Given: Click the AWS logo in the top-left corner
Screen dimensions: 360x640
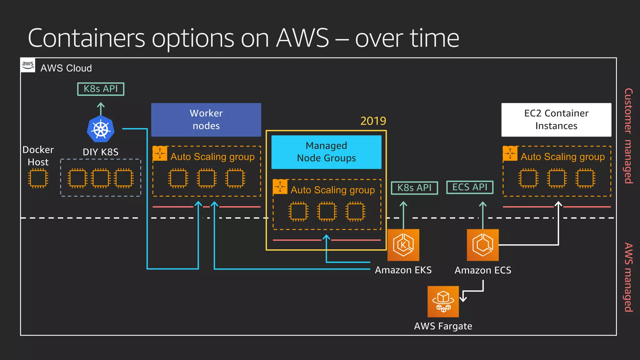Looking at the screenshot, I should point(28,65).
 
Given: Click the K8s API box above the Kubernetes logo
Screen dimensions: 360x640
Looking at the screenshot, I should point(101,89).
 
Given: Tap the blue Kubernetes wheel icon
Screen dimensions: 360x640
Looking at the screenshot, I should point(101,129).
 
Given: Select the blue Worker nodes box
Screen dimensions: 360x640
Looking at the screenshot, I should point(206,120).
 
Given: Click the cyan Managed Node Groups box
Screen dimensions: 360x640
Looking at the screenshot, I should point(326,152).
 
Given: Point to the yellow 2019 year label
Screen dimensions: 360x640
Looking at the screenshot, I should point(373,121).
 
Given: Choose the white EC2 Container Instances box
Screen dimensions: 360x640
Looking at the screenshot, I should point(556,120).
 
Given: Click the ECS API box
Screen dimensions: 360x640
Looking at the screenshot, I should point(470,187).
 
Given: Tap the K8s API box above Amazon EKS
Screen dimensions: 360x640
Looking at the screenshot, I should point(414,188).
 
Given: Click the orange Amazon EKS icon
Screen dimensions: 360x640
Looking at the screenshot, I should point(403,245).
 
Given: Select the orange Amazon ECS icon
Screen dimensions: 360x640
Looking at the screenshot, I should point(482,245).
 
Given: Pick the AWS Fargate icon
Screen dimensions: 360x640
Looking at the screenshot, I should point(443,302).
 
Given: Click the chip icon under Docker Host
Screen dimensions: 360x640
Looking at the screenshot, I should point(38,178).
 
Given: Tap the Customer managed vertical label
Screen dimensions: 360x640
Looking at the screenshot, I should point(628,136).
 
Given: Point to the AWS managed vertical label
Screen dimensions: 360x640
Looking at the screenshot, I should point(628,277).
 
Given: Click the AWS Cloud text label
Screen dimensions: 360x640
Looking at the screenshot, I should point(66,68).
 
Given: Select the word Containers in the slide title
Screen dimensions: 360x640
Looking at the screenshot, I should point(87,38).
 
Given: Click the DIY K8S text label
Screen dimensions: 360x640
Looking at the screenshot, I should point(101,152).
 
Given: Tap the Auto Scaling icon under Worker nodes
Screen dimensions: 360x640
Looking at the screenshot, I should point(160,153).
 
